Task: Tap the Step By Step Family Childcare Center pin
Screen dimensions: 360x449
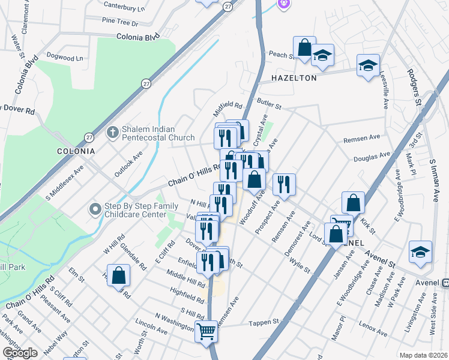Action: [x=95, y=209]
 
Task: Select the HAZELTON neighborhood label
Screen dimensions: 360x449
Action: [x=294, y=78]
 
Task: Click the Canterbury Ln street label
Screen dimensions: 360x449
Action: [x=124, y=8]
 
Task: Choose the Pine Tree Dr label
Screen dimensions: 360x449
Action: [x=120, y=23]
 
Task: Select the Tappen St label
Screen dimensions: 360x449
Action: [x=265, y=322]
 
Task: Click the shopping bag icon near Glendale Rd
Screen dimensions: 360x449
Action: [x=119, y=275]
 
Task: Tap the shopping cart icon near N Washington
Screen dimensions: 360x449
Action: [x=206, y=331]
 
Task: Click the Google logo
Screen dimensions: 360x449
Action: [x=20, y=353]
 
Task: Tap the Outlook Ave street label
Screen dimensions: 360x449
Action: [x=129, y=163]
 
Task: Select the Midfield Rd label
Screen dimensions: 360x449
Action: [x=228, y=109]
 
